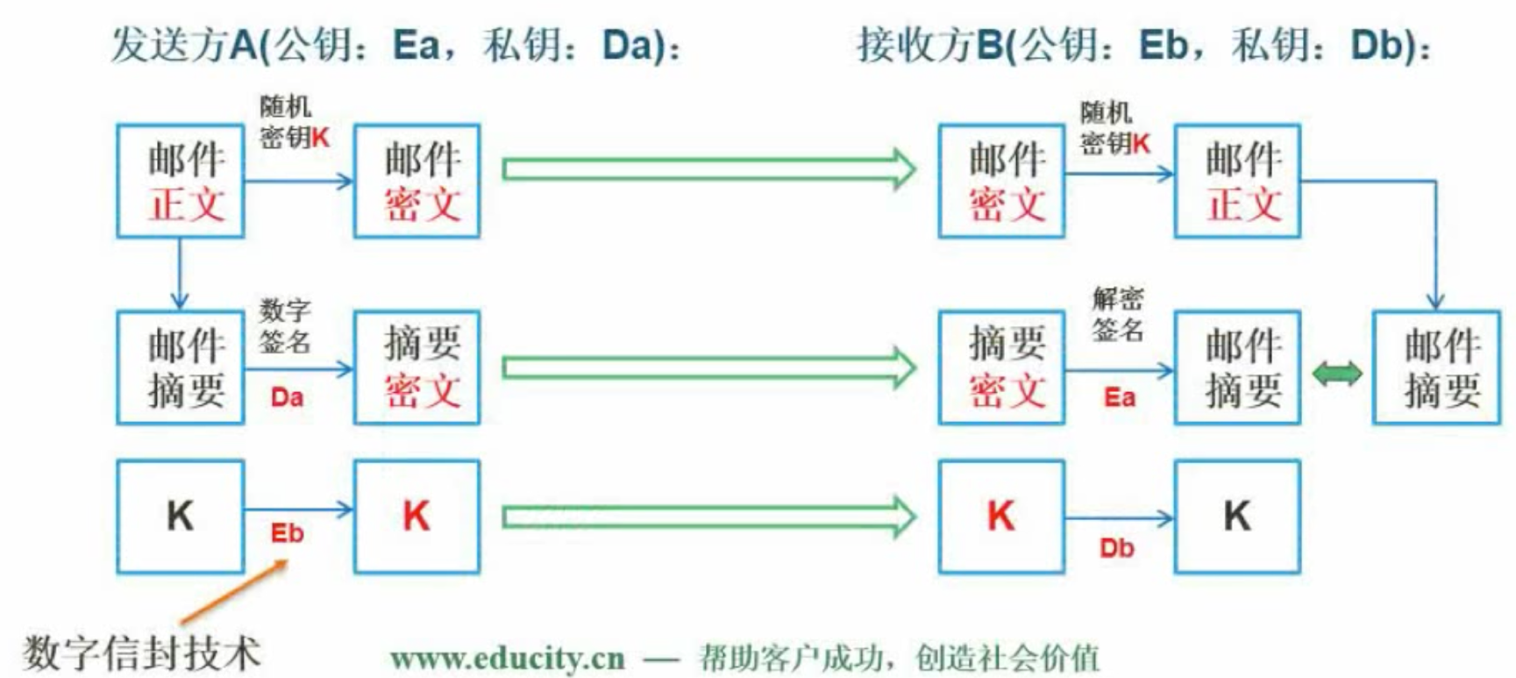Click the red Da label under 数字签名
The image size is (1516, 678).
pyautogui.click(x=287, y=397)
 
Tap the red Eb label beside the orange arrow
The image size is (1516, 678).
pyautogui.click(x=287, y=533)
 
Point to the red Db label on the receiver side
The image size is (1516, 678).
pyautogui.click(x=1116, y=548)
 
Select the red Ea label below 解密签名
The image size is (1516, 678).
pyautogui.click(x=1119, y=398)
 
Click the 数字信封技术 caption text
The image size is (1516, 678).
pyautogui.click(x=142, y=653)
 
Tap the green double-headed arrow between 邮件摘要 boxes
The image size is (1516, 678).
pyautogui.click(x=1336, y=374)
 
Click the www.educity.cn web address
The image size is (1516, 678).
pyautogui.click(x=508, y=658)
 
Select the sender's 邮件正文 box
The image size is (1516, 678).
pyautogui.click(x=181, y=181)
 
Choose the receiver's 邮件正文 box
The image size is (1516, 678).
pyautogui.click(x=1237, y=181)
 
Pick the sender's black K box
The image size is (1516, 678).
pyautogui.click(x=181, y=517)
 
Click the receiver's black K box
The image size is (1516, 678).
pyautogui.click(x=1237, y=517)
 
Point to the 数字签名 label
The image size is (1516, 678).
pyautogui.click(x=285, y=325)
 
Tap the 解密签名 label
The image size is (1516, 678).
pyautogui.click(x=1118, y=314)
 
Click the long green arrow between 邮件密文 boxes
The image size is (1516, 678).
pyautogui.click(x=708, y=168)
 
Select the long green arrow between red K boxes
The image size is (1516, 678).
pyautogui.click(x=708, y=517)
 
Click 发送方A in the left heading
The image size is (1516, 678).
pyautogui.click(x=185, y=45)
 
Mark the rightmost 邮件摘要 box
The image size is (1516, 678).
pyautogui.click(x=1436, y=368)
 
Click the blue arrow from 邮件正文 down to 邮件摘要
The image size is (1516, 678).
pyautogui.click(x=180, y=273)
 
